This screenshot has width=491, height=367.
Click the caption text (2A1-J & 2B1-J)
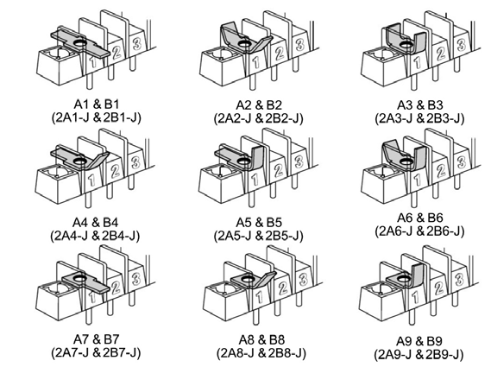(x=96, y=117)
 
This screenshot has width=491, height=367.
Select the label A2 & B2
(x=259, y=104)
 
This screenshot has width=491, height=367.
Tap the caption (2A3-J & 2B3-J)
(x=419, y=118)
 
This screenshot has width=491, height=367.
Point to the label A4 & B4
(x=95, y=223)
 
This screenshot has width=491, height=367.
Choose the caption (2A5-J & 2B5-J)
(x=259, y=236)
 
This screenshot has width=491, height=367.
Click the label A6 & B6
(x=420, y=218)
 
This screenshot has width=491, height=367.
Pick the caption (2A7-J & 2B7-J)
(x=96, y=352)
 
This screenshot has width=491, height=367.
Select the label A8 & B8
(x=261, y=339)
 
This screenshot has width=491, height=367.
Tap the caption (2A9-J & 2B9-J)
(x=419, y=354)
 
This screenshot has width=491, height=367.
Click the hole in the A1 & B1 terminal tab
(x=80, y=41)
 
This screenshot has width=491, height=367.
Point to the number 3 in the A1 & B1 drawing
(x=136, y=42)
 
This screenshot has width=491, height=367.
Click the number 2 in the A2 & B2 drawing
(x=279, y=54)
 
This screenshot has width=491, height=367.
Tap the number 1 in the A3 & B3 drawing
(x=417, y=63)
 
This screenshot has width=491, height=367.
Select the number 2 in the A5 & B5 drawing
(x=278, y=171)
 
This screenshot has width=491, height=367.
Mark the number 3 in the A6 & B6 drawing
(x=461, y=162)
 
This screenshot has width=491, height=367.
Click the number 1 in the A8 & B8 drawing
(x=259, y=297)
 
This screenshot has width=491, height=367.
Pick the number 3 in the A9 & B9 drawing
(x=459, y=279)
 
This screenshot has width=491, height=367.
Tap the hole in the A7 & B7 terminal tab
(x=79, y=277)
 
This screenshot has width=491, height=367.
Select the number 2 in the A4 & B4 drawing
(x=115, y=171)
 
